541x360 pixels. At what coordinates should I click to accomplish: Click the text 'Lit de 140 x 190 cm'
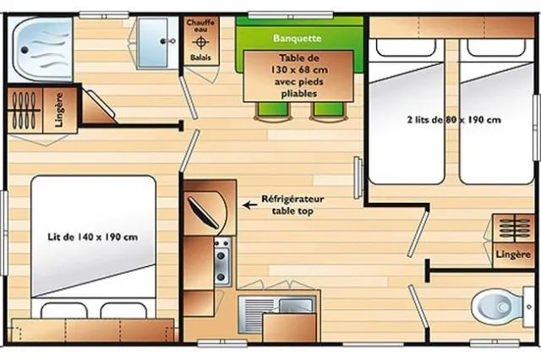[x=92, y=237]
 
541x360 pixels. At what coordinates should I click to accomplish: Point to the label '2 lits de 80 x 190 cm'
[x=452, y=120]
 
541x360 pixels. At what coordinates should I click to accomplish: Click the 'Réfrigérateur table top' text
[x=292, y=205]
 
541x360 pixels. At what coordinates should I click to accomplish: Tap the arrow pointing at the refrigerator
[x=250, y=204]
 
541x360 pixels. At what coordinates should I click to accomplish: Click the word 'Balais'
[x=201, y=58]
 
